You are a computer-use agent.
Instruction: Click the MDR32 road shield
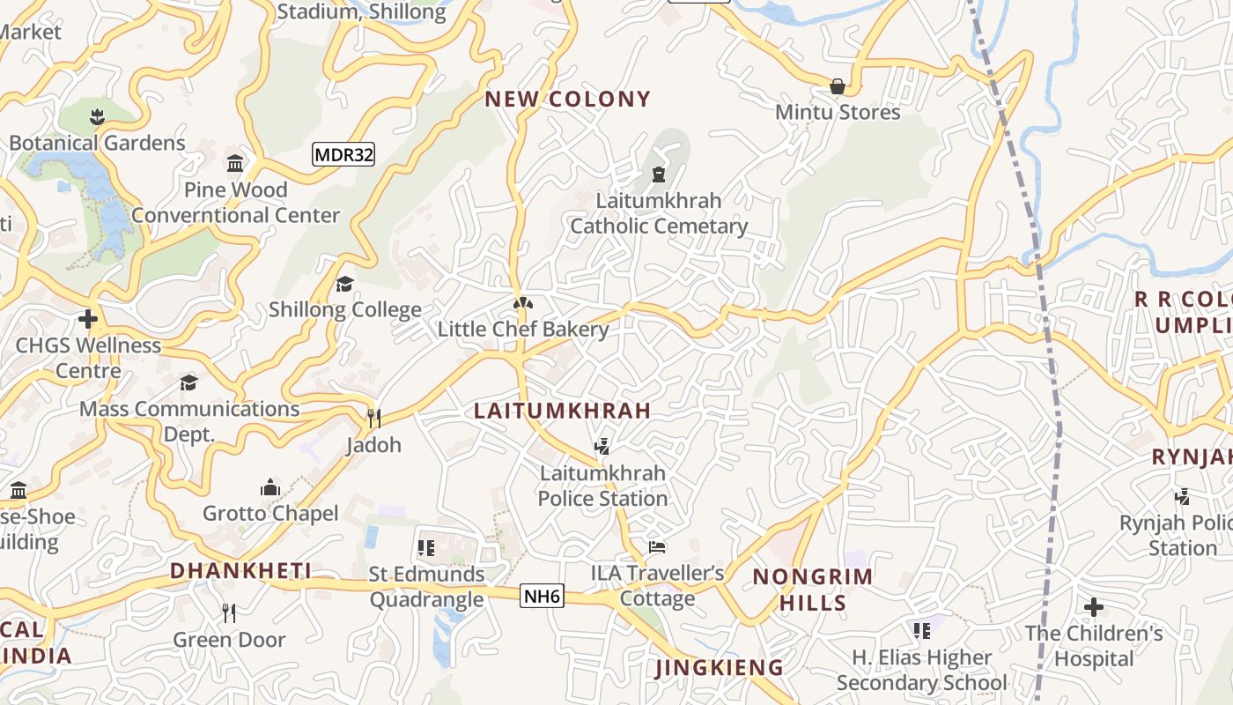pyautogui.click(x=343, y=155)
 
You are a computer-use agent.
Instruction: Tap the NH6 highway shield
pyautogui.click(x=542, y=597)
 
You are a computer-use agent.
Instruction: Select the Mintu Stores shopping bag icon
pyautogui.click(x=837, y=86)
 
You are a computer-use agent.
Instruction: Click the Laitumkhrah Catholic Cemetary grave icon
pyautogui.click(x=659, y=174)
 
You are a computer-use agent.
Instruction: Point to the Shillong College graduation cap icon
pyautogui.click(x=344, y=284)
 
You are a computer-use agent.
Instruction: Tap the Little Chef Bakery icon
pyautogui.click(x=523, y=304)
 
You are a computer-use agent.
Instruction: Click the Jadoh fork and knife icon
pyautogui.click(x=373, y=418)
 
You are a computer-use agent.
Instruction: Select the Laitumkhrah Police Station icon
pyautogui.click(x=602, y=447)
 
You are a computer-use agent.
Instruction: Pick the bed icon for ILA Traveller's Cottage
pyautogui.click(x=657, y=547)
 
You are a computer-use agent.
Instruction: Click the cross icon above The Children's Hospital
pyautogui.click(x=1094, y=607)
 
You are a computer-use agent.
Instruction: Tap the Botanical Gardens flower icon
pyautogui.click(x=97, y=116)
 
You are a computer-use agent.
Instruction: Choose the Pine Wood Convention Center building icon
pyautogui.click(x=235, y=164)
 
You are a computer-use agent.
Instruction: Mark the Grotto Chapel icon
pyautogui.click(x=270, y=487)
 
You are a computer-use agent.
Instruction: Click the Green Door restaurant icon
pyautogui.click(x=229, y=613)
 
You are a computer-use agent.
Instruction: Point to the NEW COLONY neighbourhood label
pyautogui.click(x=567, y=99)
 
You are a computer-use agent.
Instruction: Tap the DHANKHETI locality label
pyautogui.click(x=240, y=570)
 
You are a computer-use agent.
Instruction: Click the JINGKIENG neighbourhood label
pyautogui.click(x=720, y=668)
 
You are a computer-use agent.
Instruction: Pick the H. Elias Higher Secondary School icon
pyautogui.click(x=922, y=631)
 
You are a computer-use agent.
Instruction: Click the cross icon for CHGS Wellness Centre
pyautogui.click(x=87, y=318)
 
